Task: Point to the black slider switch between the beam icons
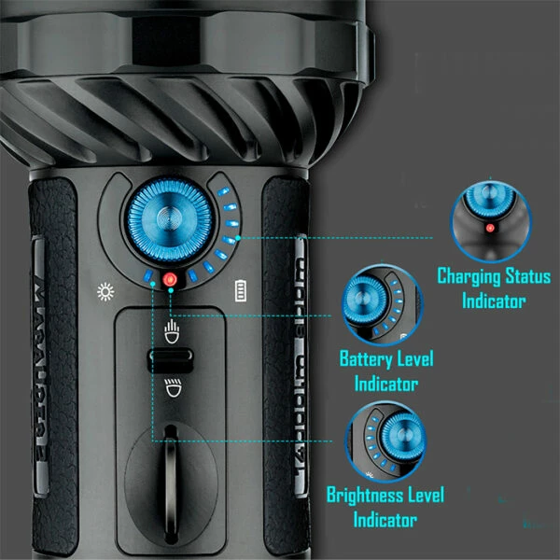click(170, 358)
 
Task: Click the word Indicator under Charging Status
click(494, 301)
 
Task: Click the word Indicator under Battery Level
click(386, 384)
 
